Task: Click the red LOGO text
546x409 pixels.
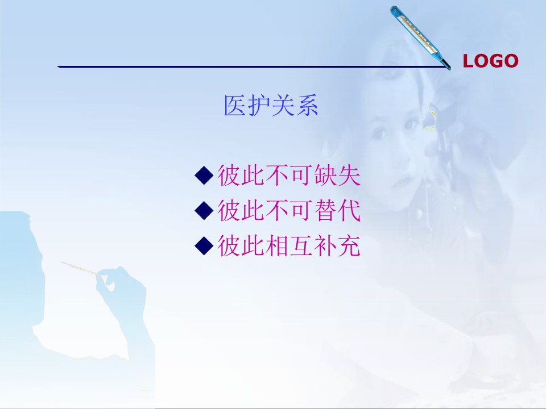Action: (490, 61)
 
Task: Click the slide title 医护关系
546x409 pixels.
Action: (271, 106)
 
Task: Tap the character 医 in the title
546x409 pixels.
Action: (235, 106)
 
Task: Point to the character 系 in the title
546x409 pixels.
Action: (307, 106)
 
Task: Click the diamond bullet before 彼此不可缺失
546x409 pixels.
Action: (204, 176)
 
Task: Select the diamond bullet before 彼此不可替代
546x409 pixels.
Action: (204, 210)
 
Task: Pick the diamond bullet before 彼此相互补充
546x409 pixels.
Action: (204, 245)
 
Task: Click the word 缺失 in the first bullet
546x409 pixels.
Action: (337, 175)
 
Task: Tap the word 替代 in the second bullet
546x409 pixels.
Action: (337, 210)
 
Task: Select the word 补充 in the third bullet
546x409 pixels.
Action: (337, 245)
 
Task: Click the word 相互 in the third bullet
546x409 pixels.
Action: (289, 245)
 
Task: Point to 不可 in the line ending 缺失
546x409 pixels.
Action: (289, 175)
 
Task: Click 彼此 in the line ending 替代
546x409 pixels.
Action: (241, 210)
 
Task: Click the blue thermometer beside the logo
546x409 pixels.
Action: (419, 36)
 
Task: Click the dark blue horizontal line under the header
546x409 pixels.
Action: (253, 66)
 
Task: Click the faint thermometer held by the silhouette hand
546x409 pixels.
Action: (80, 268)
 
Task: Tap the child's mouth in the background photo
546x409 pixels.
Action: (401, 182)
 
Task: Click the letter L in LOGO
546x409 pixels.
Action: (468, 61)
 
